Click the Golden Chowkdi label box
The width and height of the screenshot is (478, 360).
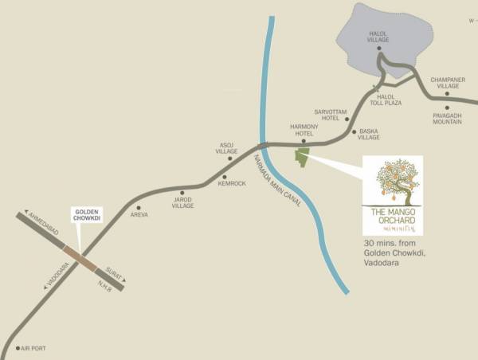click(x=87, y=213)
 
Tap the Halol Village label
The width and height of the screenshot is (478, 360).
click(x=378, y=37)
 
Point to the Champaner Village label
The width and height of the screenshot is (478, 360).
click(x=447, y=84)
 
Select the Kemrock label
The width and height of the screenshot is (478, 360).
click(x=232, y=184)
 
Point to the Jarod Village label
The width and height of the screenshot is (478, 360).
click(x=183, y=202)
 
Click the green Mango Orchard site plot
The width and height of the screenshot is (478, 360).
click(x=301, y=157)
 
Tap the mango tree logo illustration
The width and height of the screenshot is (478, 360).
click(x=393, y=182)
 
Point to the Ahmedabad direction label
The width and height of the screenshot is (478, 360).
click(x=39, y=224)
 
